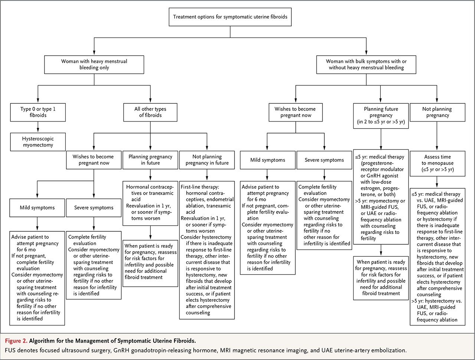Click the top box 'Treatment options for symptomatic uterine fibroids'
(x=230, y=17)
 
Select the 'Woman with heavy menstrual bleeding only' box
(x=94, y=65)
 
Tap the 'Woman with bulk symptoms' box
(x=366, y=65)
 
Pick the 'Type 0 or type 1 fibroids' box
(x=38, y=112)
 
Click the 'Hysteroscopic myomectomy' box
(x=38, y=142)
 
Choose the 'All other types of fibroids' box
(x=150, y=112)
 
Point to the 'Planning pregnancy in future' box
(x=150, y=160)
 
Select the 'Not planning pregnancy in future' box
(x=207, y=160)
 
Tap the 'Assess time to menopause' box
(x=438, y=164)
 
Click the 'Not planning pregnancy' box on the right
(x=438, y=112)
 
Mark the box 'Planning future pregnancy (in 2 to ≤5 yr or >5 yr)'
(x=381, y=116)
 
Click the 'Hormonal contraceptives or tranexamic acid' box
(x=150, y=203)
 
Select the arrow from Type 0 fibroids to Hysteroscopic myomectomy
(x=38, y=127)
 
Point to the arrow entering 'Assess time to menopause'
(x=437, y=136)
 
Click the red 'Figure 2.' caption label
(x=16, y=341)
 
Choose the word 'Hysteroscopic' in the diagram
(x=38, y=139)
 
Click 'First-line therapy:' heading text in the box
(x=200, y=187)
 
